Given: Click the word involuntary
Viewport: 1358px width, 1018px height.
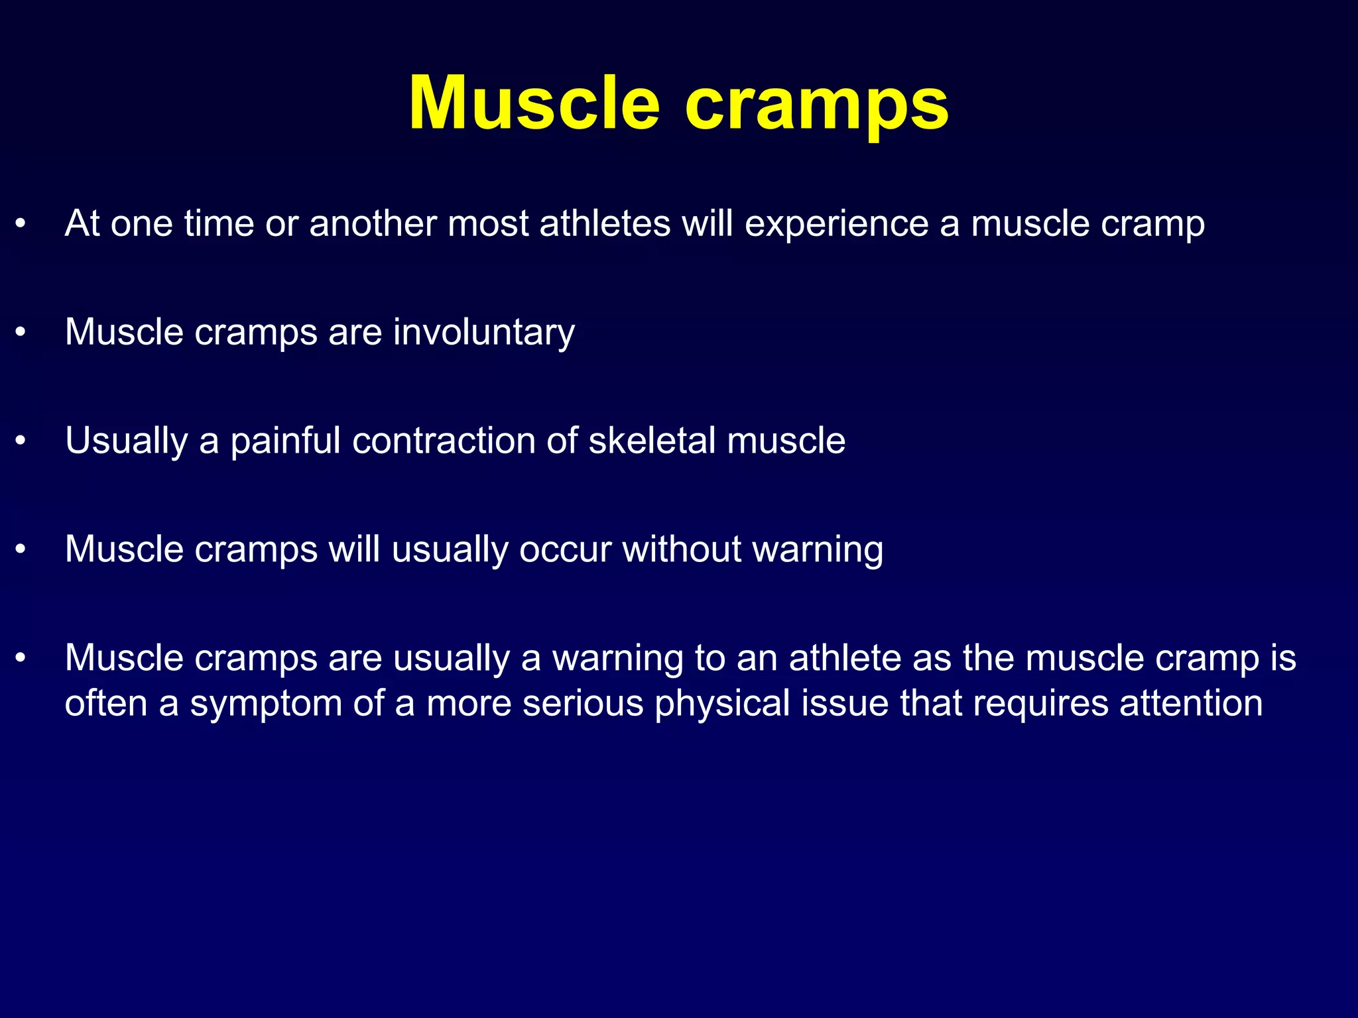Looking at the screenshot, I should click(x=483, y=333).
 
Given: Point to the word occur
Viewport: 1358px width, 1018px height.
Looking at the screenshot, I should click(x=564, y=551).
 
